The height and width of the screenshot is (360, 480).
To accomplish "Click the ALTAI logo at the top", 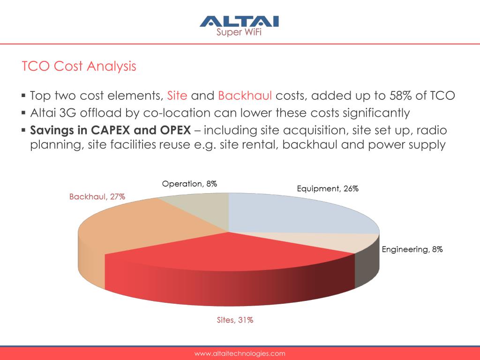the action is (240, 21).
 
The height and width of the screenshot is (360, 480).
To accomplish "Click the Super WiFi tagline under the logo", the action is (239, 32).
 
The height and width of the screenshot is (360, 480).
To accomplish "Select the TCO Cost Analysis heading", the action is (79, 66).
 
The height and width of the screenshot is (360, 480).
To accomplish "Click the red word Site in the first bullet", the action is (177, 96).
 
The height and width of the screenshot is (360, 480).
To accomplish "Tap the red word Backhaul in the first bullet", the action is (245, 96).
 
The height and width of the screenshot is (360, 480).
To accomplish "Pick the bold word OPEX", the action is (175, 130).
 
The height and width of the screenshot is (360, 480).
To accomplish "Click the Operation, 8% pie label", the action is (189, 184).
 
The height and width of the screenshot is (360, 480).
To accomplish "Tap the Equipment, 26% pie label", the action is (328, 188).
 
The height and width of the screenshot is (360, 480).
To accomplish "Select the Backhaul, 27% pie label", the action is (97, 196).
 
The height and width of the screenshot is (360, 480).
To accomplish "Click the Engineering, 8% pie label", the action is (412, 249).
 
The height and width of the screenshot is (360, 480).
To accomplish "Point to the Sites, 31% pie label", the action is (235, 320).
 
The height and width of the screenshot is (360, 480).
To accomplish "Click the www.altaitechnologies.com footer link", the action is (240, 353).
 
